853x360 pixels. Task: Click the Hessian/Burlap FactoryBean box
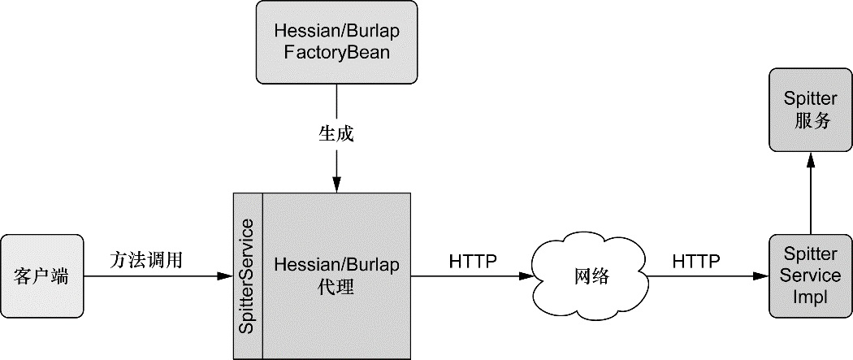pos(336,41)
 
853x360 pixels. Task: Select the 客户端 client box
pos(41,276)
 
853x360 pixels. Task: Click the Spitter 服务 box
pos(809,110)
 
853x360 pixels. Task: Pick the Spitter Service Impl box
pos(809,276)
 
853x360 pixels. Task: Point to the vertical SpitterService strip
pos(248,276)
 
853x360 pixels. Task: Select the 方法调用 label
pos(146,260)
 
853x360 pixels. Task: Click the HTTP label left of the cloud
pos(472,261)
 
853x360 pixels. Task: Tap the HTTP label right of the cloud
pos(696,261)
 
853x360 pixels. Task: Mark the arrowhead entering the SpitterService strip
pos(227,277)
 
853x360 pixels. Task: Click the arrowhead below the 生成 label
pos(336,186)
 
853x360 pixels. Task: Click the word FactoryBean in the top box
pos(336,53)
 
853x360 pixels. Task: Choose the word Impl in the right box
pos(809,297)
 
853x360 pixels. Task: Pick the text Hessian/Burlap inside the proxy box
pos(336,265)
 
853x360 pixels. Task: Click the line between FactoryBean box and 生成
pos(336,102)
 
